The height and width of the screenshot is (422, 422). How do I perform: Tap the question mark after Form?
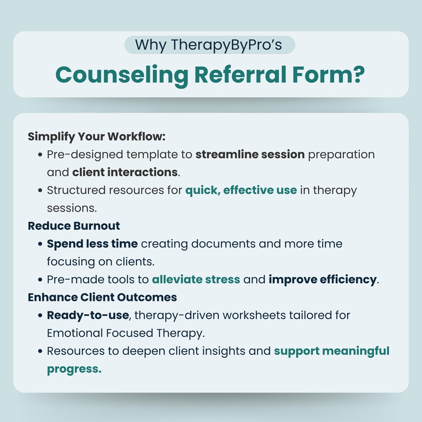pos(360,74)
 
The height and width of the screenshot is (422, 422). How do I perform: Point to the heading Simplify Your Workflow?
pos(97,136)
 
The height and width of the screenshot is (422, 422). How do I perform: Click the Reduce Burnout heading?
pos(74,225)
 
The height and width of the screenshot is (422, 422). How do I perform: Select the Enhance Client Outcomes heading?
pos(103,297)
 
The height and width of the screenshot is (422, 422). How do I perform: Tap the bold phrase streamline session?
pos(250,154)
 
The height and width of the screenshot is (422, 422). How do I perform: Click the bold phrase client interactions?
pos(124,172)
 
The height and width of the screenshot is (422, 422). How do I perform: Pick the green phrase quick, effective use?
pos(241,190)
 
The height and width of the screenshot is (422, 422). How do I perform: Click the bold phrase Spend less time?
pos(92,243)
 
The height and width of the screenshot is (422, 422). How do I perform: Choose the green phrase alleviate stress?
pos(196,279)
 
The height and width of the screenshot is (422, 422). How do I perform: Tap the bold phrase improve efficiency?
pos(323,279)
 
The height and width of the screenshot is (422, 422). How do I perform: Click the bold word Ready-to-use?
pos(88,315)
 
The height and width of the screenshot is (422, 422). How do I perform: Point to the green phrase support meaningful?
pos(332,351)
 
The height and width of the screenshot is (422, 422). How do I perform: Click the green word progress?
pos(74,369)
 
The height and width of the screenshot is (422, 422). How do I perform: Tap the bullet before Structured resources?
pos(40,190)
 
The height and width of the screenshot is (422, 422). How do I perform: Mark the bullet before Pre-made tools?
pos(40,280)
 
